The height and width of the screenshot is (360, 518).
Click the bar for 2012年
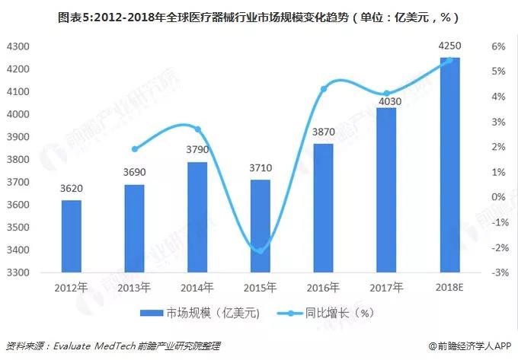(72, 236)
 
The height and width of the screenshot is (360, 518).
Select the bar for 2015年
(261, 226)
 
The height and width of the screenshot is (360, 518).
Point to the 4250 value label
(449, 48)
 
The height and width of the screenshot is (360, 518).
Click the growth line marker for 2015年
(261, 250)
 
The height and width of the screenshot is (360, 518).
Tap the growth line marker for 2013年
(135, 149)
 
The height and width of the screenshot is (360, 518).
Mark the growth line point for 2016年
(324, 89)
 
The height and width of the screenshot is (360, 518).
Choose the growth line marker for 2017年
(386, 94)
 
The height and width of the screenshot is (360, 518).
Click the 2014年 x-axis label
(197, 287)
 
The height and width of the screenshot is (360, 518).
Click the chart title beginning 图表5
(259, 16)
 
